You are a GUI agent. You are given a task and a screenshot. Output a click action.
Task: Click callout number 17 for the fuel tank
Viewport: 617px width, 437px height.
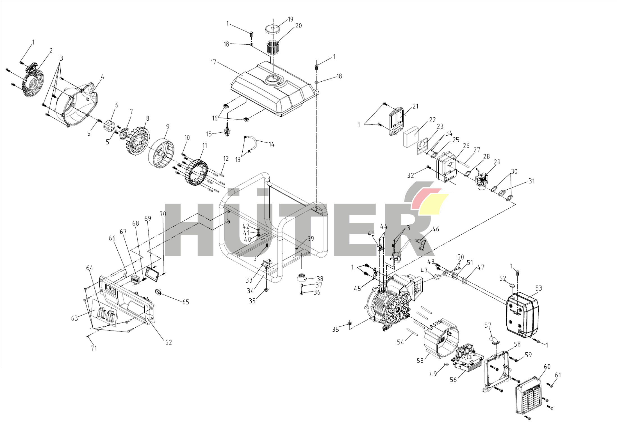(213, 62)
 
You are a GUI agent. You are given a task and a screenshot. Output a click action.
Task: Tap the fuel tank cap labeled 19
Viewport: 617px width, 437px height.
(273, 29)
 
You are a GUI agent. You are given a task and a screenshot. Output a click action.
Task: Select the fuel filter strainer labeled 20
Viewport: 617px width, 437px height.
(272, 46)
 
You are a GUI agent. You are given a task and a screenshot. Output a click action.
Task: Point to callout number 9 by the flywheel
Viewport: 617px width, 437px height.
(168, 127)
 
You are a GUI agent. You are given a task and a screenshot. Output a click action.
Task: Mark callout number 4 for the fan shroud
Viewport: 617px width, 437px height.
(102, 77)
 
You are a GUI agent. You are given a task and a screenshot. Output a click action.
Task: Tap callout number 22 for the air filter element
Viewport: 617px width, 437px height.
(432, 120)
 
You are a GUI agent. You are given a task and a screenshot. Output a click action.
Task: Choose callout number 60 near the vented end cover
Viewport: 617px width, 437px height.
(547, 367)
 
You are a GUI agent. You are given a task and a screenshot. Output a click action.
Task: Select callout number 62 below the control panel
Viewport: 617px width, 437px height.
(169, 342)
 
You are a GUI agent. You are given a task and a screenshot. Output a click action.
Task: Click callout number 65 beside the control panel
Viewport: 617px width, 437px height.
(186, 302)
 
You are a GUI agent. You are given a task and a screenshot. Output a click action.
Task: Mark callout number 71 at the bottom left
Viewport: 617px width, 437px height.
(94, 348)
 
